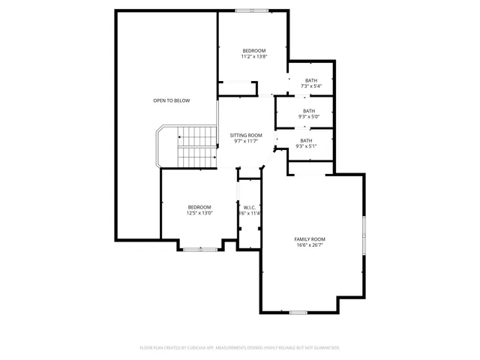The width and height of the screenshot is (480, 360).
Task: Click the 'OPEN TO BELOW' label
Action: pyautogui.click(x=172, y=100)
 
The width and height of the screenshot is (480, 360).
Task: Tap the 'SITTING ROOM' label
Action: pyautogui.click(x=245, y=135)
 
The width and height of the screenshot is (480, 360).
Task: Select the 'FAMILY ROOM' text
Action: pyautogui.click(x=309, y=239)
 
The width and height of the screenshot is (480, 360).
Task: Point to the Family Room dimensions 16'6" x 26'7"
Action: pyautogui.click(x=309, y=245)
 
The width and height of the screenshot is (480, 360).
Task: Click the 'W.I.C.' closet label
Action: pyautogui.click(x=250, y=207)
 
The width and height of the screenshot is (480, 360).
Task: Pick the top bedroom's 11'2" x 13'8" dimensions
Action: pyautogui.click(x=254, y=56)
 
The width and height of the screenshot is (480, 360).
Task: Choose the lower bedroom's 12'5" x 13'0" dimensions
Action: pyautogui.click(x=199, y=213)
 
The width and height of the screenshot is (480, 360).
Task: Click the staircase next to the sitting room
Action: pyautogui.click(x=196, y=147)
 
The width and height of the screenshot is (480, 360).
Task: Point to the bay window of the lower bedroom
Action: pyautogui.click(x=199, y=248)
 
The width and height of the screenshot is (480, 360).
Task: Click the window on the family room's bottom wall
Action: pyautogui.click(x=298, y=311)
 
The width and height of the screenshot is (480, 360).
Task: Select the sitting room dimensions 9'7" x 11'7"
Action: pyautogui.click(x=245, y=141)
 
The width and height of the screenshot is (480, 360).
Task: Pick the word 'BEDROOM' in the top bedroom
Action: pyautogui.click(x=254, y=50)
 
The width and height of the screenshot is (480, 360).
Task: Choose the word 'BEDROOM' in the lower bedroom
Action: pyautogui.click(x=199, y=207)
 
